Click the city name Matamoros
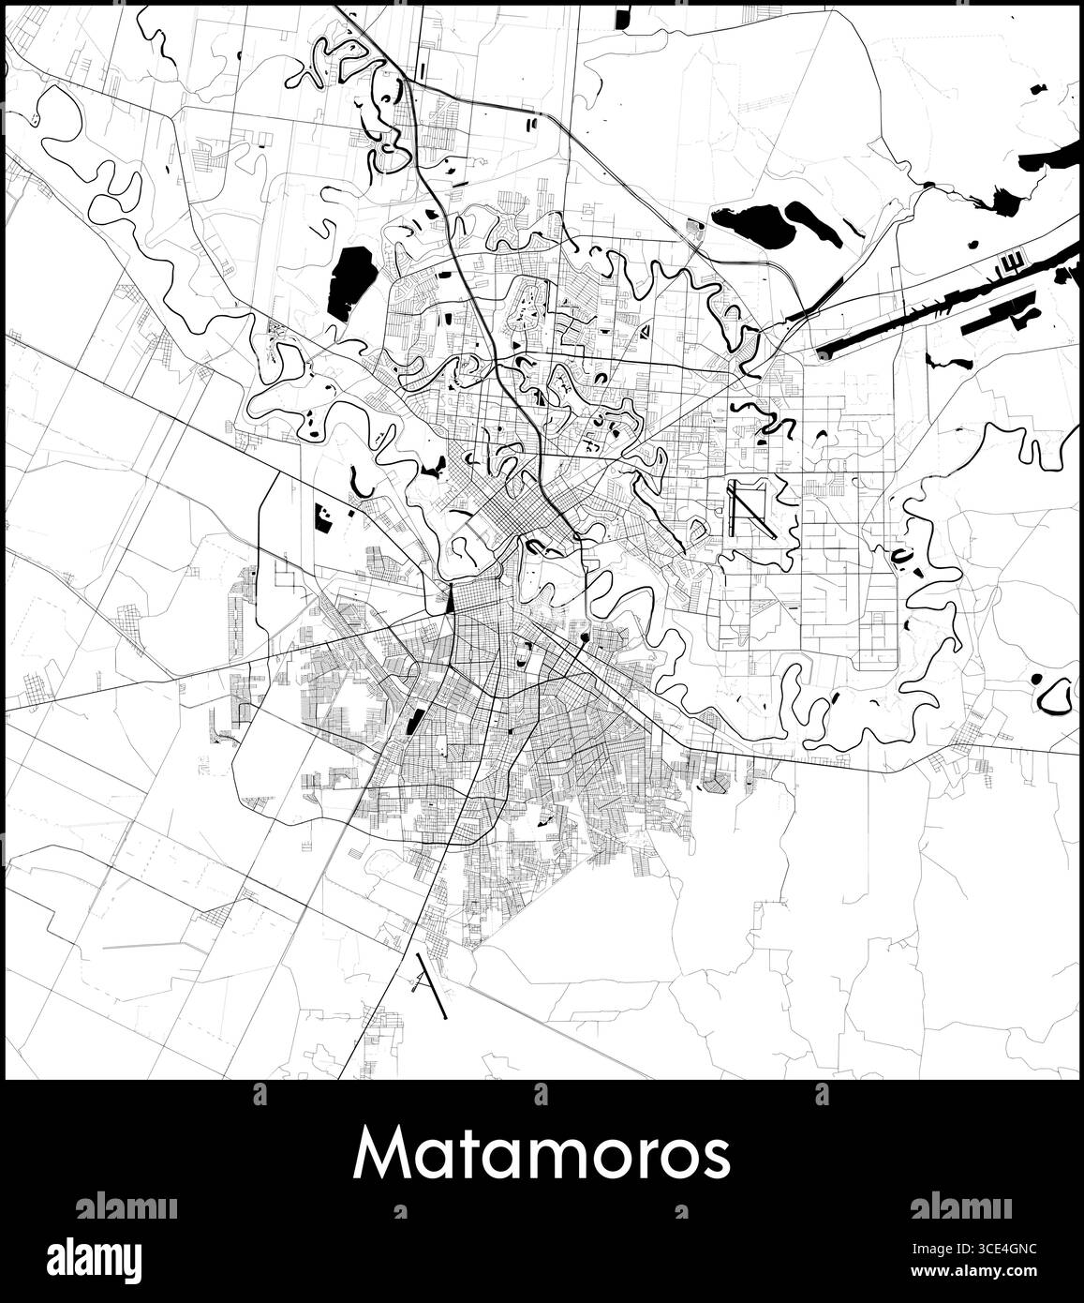tap(542, 1156)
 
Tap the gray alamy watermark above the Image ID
tap(961, 1206)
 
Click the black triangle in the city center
tap(451, 598)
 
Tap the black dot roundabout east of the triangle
tap(585, 637)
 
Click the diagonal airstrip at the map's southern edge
tap(432, 985)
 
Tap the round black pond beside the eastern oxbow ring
tap(1036, 679)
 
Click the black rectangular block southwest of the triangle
tap(411, 721)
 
